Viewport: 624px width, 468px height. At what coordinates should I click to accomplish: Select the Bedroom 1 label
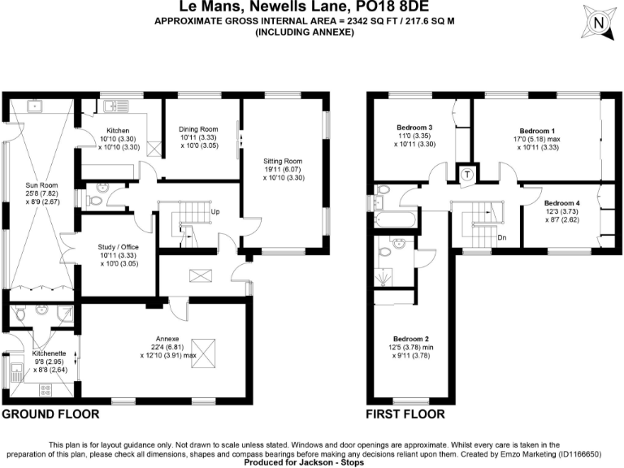click(537, 130)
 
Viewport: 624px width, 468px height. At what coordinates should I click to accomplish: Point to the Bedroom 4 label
click(562, 202)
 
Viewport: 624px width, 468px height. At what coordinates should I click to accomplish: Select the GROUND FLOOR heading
click(50, 414)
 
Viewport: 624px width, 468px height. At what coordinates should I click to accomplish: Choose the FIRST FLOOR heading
click(405, 414)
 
